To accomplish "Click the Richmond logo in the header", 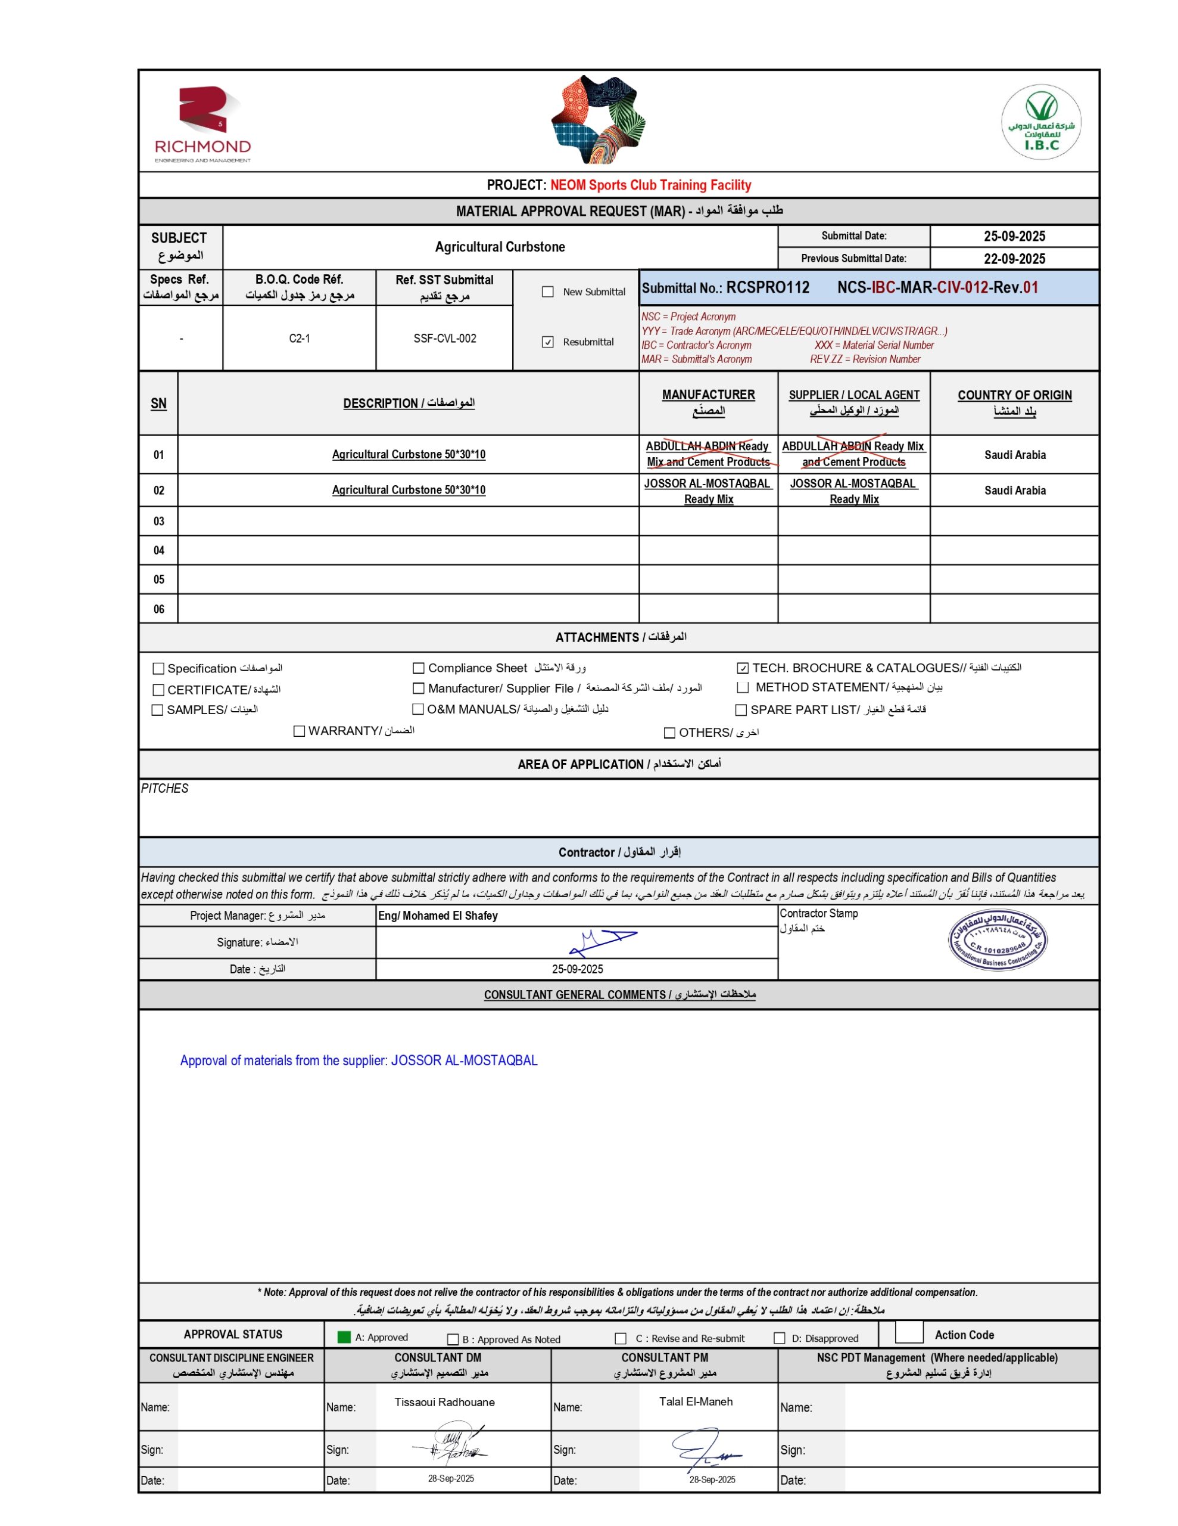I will (x=202, y=123).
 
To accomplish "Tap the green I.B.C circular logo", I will (x=1040, y=122).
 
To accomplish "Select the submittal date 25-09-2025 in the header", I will (x=1014, y=236).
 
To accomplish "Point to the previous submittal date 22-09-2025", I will (x=1014, y=259).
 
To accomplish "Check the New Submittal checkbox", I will (x=548, y=292).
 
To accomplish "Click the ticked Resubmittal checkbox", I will (x=548, y=342).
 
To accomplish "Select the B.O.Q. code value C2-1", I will (x=299, y=339).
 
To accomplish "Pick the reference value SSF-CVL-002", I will (x=445, y=339).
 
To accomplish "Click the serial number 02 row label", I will (x=158, y=491).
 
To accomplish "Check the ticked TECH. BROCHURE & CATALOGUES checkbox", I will (x=743, y=669).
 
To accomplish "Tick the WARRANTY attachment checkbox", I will (x=300, y=731).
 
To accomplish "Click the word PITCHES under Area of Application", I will (x=165, y=789).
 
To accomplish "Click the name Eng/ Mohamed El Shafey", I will (x=438, y=916).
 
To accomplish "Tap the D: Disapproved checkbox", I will (x=780, y=1338).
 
